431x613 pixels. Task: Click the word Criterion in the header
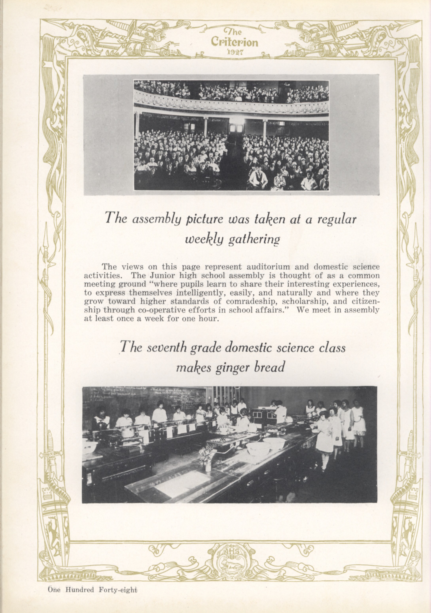pos(234,43)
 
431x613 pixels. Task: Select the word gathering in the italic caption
pos(254,240)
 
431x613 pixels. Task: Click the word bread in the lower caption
pos(269,368)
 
